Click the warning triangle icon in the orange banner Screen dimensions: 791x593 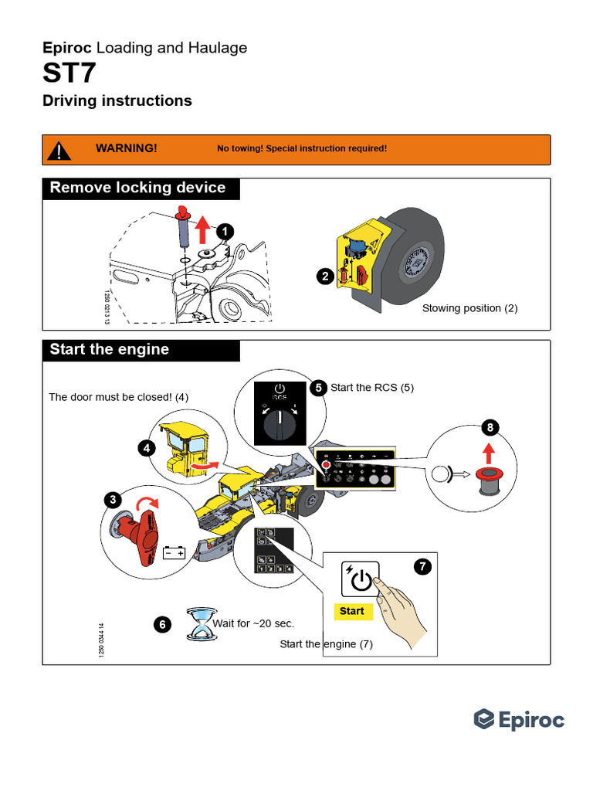(59, 149)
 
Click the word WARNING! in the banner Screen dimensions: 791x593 (126, 148)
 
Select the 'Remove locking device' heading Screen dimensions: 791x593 (137, 188)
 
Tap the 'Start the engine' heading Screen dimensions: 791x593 (109, 349)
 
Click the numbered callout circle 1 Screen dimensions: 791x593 (223, 231)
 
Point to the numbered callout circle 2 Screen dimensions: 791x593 (324, 276)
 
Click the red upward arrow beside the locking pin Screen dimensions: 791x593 (202, 229)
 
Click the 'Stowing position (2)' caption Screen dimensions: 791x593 (469, 308)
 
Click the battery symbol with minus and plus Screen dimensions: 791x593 (174, 552)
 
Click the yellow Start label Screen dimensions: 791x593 (352, 611)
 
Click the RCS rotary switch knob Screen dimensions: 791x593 (279, 423)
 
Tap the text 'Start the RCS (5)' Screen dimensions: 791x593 (372, 388)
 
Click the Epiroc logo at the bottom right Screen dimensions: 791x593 (519, 720)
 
